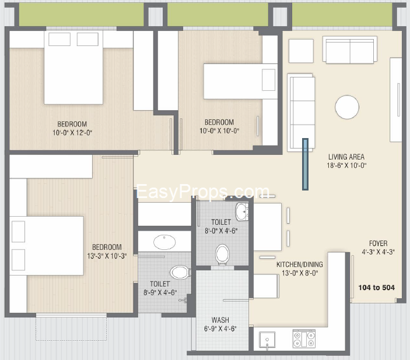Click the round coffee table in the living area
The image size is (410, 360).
(347, 107)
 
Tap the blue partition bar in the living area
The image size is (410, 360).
(305, 164)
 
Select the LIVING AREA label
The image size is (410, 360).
(346, 157)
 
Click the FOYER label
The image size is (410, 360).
(378, 243)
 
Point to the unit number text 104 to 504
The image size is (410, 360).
(377, 288)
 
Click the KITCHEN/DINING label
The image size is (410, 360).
(300, 264)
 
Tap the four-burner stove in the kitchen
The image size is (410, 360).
(304, 339)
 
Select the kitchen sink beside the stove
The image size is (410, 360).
(267, 340)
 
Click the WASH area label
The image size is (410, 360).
(220, 320)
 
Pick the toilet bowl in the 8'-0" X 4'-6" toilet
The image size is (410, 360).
(222, 254)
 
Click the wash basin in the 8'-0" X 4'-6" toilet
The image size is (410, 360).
(241, 211)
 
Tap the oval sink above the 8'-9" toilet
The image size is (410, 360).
(164, 242)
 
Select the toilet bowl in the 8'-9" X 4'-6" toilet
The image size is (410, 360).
(180, 273)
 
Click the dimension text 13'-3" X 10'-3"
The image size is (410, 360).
(107, 256)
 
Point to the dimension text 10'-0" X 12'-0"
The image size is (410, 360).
(72, 133)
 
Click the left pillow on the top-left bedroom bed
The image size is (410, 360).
(59, 39)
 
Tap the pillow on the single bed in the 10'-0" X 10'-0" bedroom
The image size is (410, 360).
(268, 80)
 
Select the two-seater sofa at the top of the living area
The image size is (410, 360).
(350, 50)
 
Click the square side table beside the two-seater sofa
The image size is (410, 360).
(301, 51)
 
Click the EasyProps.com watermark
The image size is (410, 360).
(203, 192)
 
